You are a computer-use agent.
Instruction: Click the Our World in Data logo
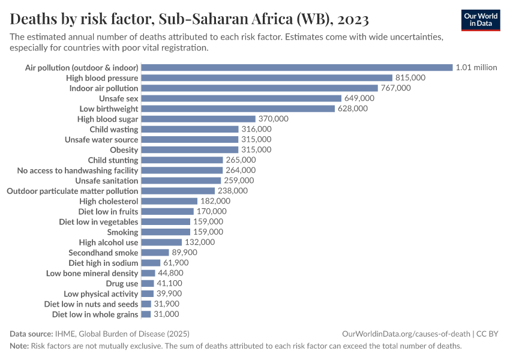[480, 20]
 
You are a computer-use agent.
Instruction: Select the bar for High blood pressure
[266, 78]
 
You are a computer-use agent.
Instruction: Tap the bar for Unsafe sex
[241, 98]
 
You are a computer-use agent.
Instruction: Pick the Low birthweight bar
[238, 109]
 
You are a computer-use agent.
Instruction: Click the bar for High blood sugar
[198, 119]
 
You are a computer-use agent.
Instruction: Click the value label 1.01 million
[476, 68]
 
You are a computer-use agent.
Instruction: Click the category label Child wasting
[114, 129]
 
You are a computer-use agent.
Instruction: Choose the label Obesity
[124, 149]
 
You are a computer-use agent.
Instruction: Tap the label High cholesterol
[109, 201]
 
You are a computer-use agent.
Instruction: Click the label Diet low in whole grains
[95, 314]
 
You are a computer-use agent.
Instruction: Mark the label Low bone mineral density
[92, 273]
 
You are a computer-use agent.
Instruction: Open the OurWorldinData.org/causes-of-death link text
[406, 334]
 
